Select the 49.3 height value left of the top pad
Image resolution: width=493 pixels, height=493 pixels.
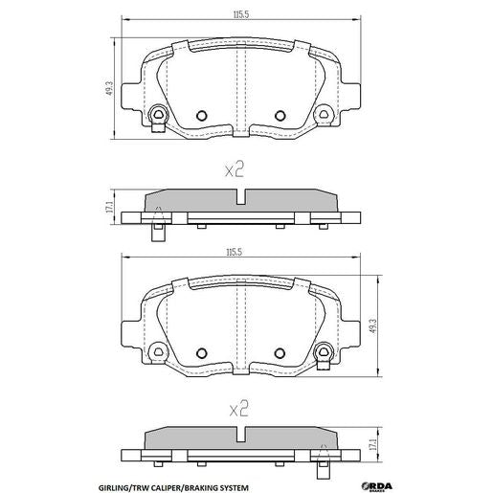point(111,87)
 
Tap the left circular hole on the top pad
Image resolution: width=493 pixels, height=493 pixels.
point(201,117)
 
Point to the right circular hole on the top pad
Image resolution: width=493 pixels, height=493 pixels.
point(280,117)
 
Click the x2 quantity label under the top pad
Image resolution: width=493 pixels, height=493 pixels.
point(235,169)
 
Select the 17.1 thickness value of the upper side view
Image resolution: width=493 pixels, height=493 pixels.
point(111,206)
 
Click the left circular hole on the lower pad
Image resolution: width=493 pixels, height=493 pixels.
point(201,350)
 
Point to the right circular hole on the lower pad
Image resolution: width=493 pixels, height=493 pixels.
point(280,350)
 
